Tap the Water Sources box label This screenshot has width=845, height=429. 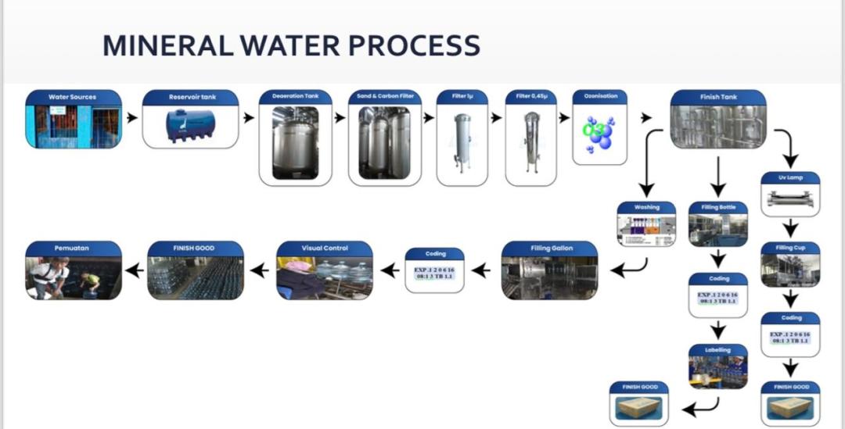(x=73, y=97)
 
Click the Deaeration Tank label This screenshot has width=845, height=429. (x=295, y=96)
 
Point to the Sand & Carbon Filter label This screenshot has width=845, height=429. (x=385, y=96)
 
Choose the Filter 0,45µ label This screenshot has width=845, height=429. (x=531, y=96)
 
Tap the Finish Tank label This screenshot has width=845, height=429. (x=717, y=97)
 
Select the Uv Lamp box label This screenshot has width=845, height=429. (x=790, y=178)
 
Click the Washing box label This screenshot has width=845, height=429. (x=646, y=207)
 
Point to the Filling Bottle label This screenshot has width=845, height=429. (x=718, y=207)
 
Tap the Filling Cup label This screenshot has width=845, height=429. (x=790, y=248)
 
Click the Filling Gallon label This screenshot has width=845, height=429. (x=550, y=248)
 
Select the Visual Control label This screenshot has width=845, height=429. (x=325, y=248)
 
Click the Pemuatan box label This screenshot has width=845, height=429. (x=73, y=248)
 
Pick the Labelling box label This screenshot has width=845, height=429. (x=718, y=350)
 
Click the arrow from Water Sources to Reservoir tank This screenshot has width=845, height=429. (x=132, y=118)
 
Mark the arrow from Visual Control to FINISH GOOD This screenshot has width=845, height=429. (x=258, y=271)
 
